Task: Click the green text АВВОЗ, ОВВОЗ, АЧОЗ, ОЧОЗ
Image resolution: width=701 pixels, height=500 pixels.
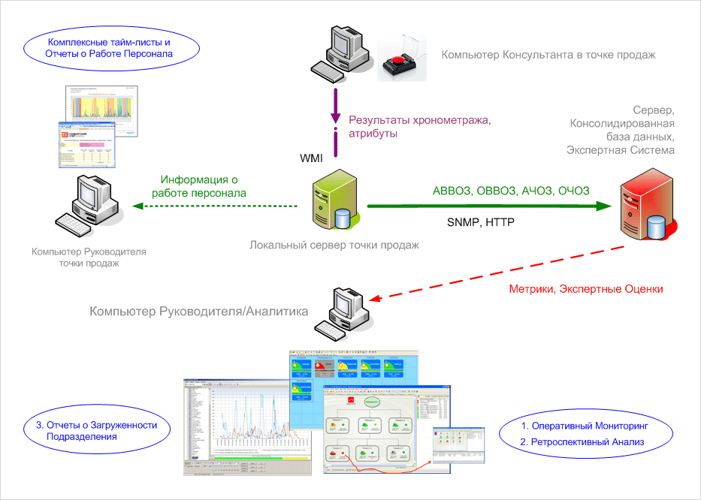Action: click(511, 190)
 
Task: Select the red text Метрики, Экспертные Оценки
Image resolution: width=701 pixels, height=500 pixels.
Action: click(586, 288)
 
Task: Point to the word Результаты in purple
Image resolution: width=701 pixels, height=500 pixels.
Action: click(376, 121)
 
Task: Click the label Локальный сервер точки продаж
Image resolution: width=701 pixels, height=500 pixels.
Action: click(334, 245)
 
